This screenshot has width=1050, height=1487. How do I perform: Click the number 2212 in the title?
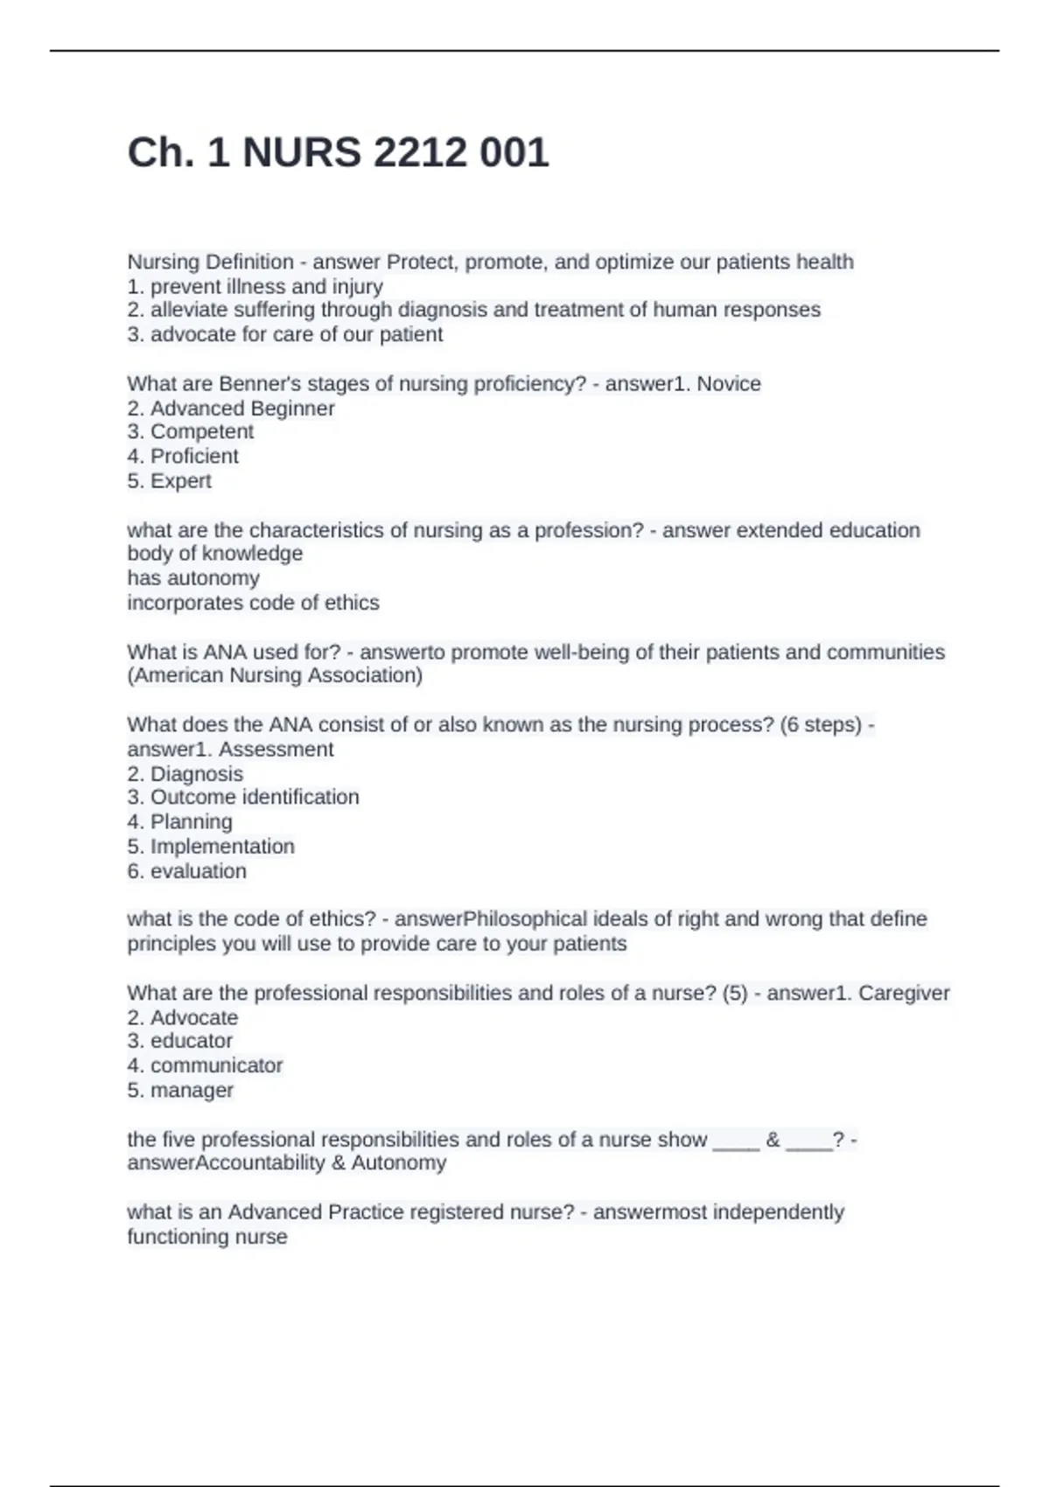coord(419,153)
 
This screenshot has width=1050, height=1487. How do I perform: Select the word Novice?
coord(729,384)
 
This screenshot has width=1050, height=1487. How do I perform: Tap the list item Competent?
coord(201,432)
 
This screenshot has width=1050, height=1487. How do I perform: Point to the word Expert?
coord(181,481)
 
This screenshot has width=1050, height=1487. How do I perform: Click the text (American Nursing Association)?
coord(275,675)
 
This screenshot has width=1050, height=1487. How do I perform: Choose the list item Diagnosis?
coord(196,774)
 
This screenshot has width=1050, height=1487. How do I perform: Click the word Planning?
coord(191,822)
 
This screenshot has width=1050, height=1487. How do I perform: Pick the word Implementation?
coord(222,847)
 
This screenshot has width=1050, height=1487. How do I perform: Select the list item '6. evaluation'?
coord(186,871)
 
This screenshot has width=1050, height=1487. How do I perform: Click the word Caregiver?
coord(904,994)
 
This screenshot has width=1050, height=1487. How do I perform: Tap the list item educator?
coord(191,1041)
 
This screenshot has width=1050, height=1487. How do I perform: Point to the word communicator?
coord(216,1065)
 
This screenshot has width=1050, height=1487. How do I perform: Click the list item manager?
coord(192,1091)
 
